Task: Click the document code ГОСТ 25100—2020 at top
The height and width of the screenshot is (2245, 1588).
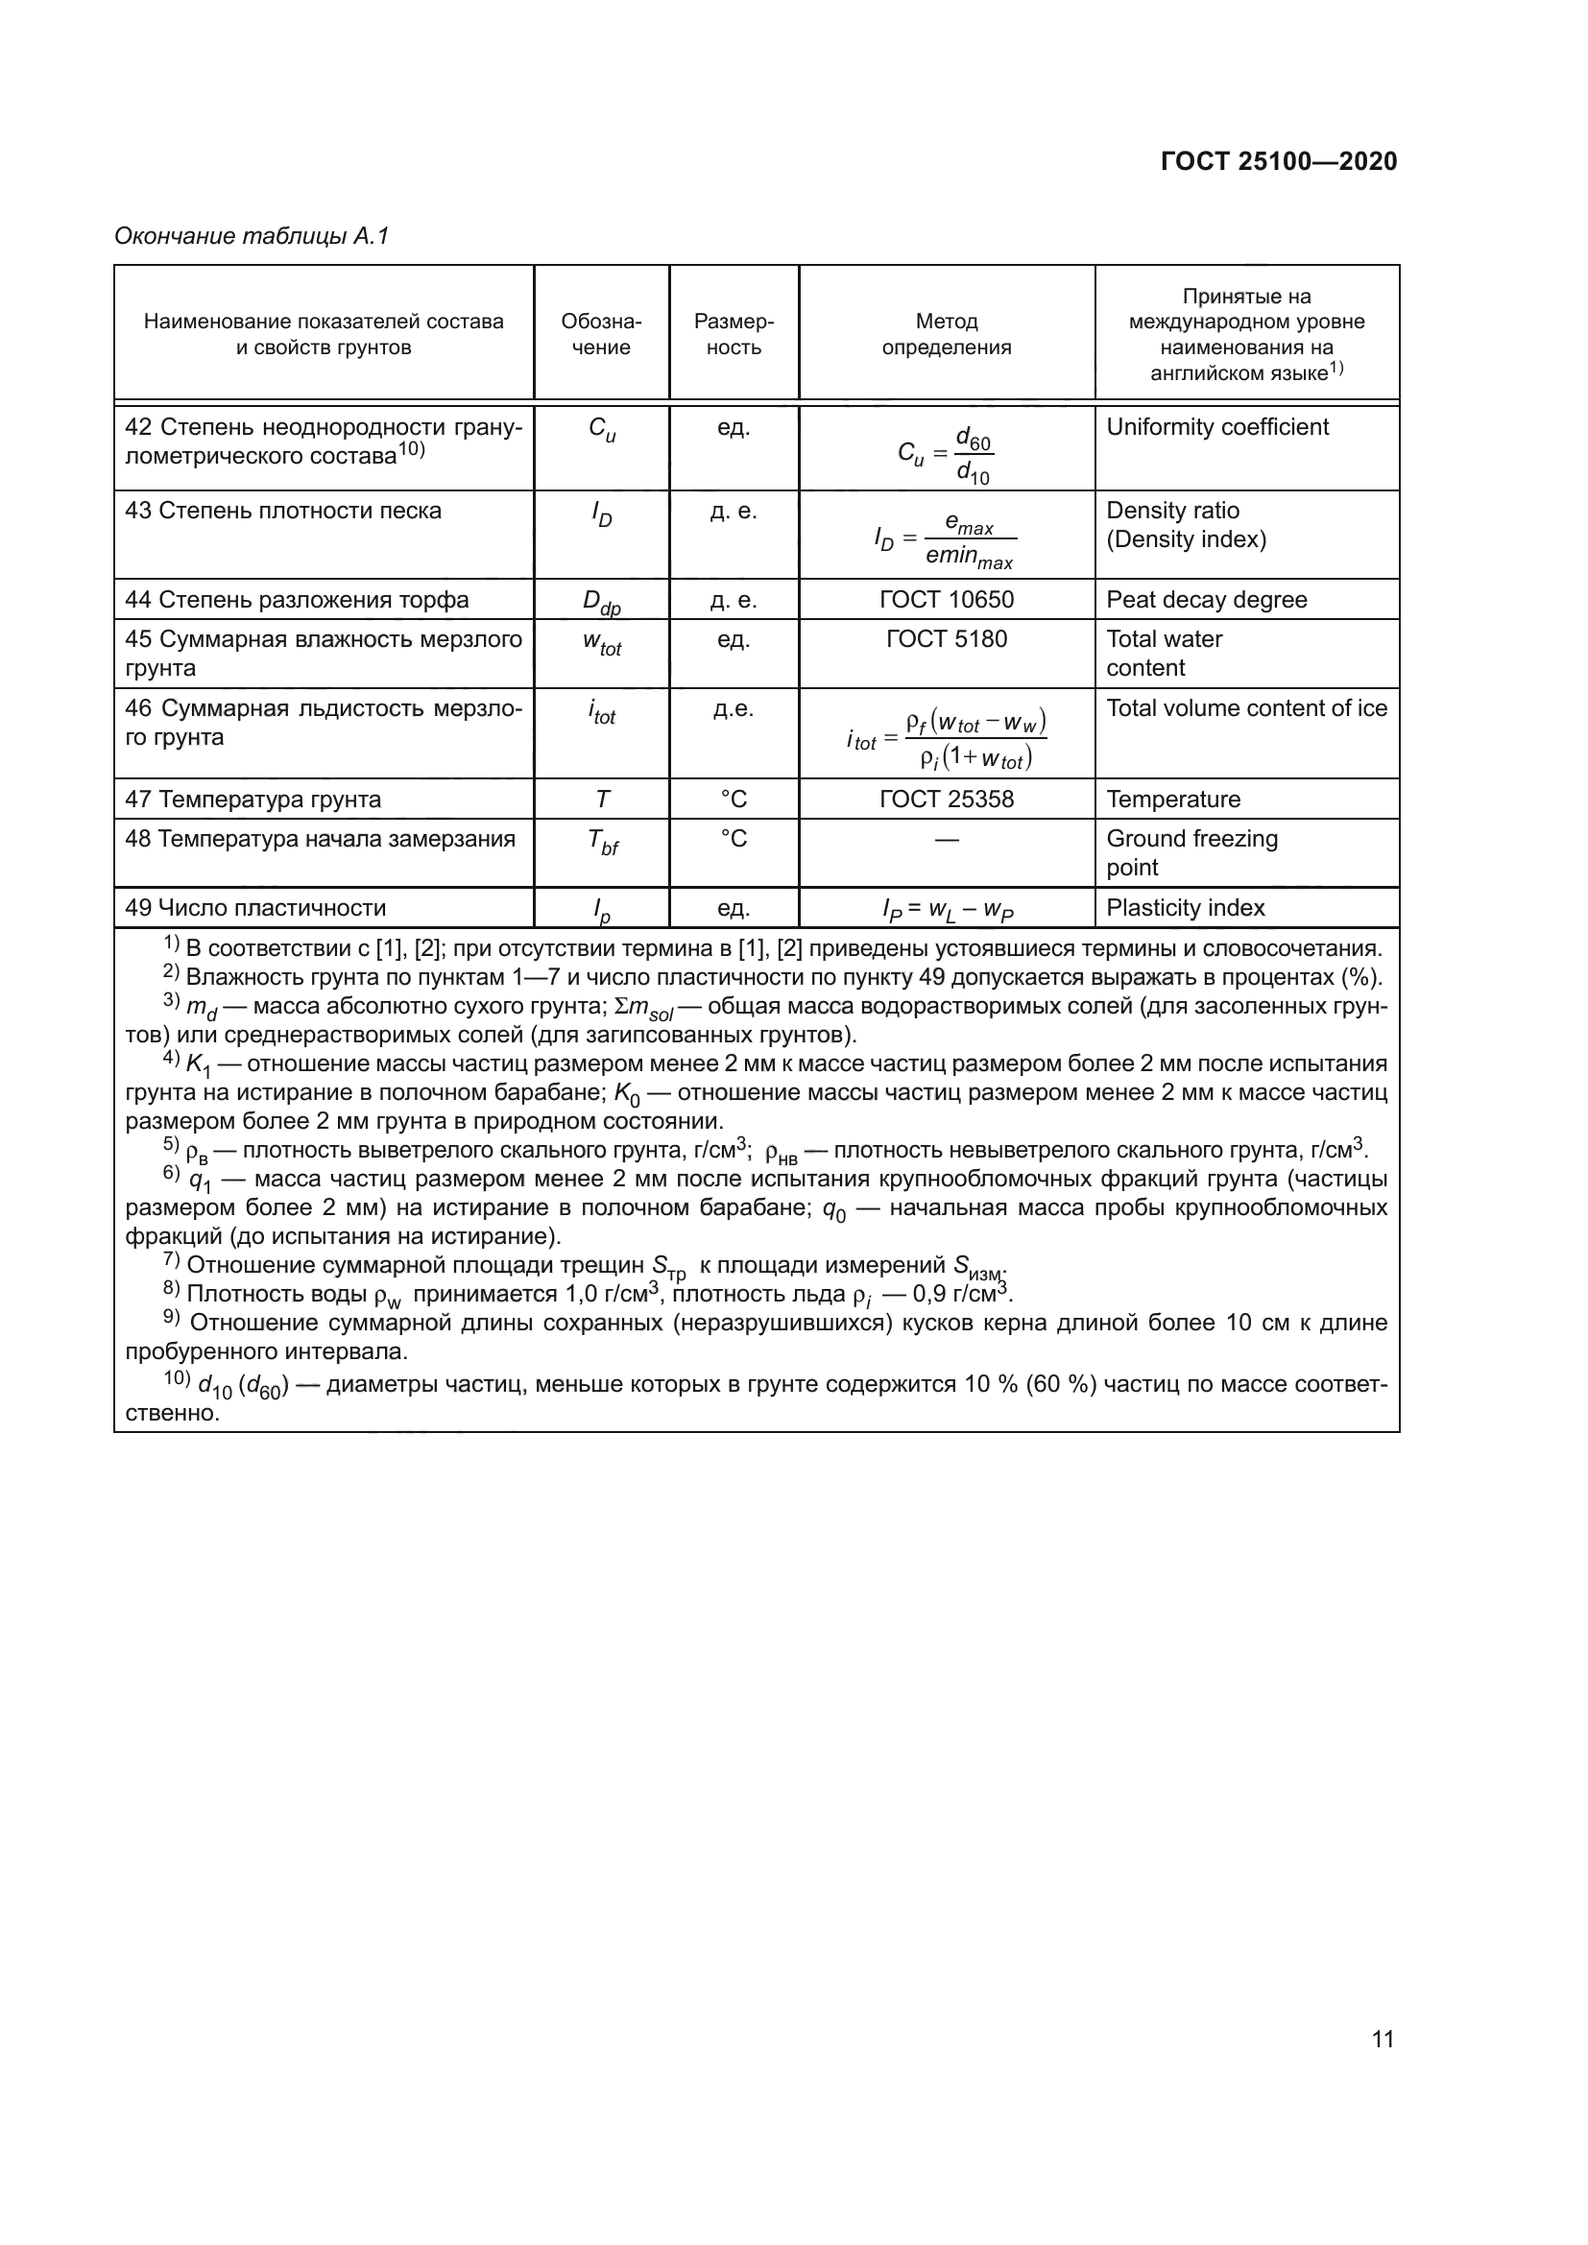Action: pyautogui.click(x=1278, y=161)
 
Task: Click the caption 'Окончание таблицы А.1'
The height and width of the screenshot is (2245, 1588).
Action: pyautogui.click(x=252, y=236)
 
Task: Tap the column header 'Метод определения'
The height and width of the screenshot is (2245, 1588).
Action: pyautogui.click(x=946, y=334)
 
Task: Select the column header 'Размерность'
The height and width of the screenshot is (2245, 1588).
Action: pyautogui.click(x=734, y=334)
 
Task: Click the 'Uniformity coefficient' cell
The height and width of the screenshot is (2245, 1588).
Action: pyautogui.click(x=1216, y=427)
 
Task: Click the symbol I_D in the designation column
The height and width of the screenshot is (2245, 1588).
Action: pyautogui.click(x=601, y=514)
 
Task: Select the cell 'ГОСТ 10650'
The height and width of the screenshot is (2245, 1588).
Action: pyautogui.click(x=946, y=599)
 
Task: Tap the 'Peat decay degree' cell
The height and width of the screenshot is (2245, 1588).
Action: pyautogui.click(x=1206, y=599)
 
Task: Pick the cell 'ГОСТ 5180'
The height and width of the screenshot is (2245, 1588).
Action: pyautogui.click(x=946, y=638)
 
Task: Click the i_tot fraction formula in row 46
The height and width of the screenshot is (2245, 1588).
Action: pyautogui.click(x=946, y=739)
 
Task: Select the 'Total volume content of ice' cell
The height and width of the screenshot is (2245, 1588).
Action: pyautogui.click(x=1246, y=708)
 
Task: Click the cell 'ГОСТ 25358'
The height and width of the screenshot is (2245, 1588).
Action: pyautogui.click(x=946, y=799)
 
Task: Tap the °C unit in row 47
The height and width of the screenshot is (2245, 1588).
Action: pyautogui.click(x=734, y=799)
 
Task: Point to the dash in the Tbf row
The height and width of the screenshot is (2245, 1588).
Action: pyautogui.click(x=946, y=839)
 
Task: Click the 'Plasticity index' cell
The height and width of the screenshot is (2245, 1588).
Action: pyautogui.click(x=1184, y=907)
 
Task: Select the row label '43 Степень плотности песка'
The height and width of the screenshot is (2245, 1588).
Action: pyautogui.click(x=282, y=511)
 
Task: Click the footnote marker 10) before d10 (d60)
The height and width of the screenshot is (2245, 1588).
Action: pyautogui.click(x=176, y=1377)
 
